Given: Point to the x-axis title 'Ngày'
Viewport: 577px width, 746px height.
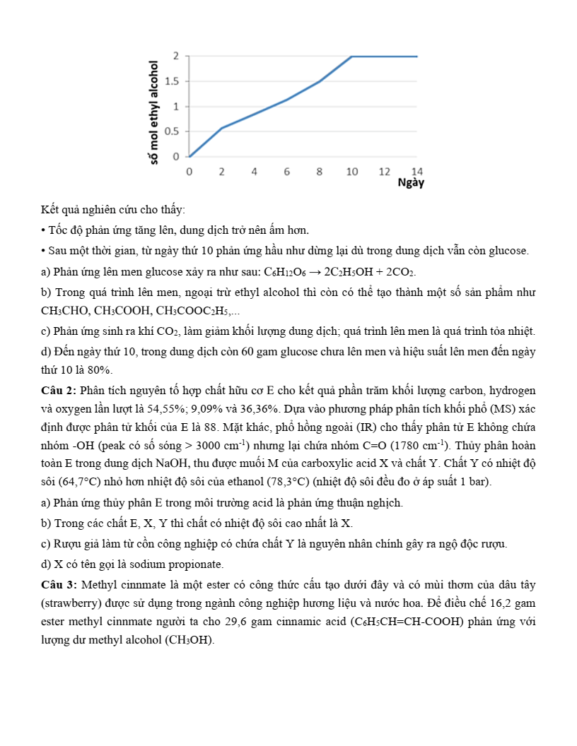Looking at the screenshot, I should click(411, 183).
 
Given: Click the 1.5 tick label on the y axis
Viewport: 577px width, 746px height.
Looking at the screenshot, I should click(172, 81).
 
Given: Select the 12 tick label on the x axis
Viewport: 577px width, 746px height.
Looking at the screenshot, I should click(385, 172).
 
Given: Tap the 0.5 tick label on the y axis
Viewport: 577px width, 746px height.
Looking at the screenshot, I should click(172, 131).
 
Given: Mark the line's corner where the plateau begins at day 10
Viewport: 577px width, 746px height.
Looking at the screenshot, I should click(352, 56).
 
